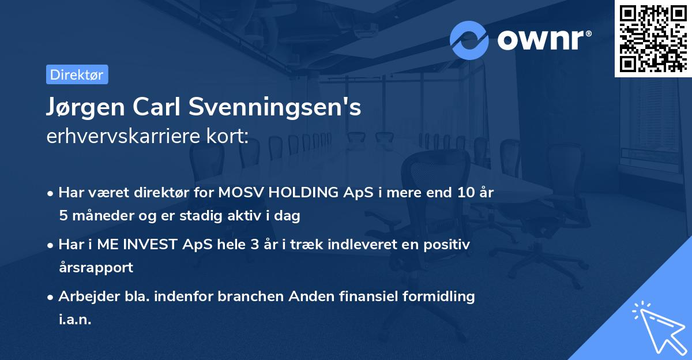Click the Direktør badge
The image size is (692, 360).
77,74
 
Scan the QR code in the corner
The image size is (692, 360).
653,38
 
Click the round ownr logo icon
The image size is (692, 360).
469,40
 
